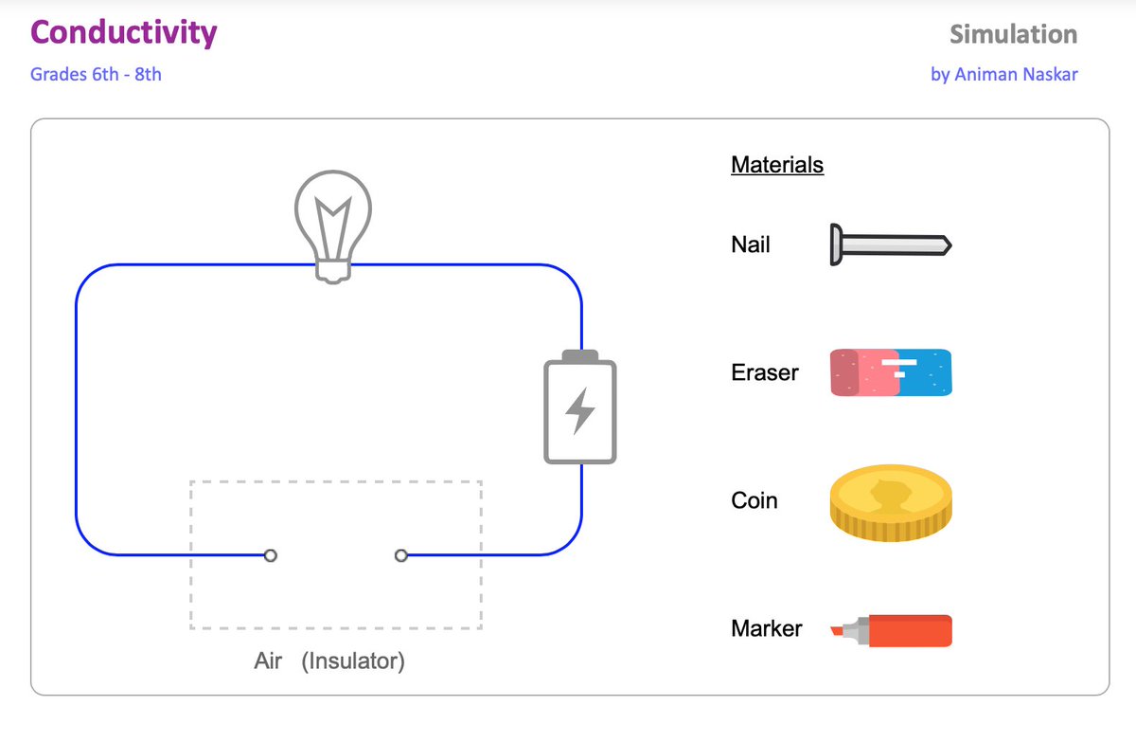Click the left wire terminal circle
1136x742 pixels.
click(x=271, y=555)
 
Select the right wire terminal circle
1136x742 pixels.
click(x=401, y=555)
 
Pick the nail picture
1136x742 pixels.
click(x=890, y=245)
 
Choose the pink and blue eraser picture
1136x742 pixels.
click(x=891, y=372)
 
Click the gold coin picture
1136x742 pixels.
click(x=891, y=501)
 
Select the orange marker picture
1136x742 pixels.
click(x=891, y=630)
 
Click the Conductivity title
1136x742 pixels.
click(x=123, y=33)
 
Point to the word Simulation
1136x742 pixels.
click(x=1013, y=35)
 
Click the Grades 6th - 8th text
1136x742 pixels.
click(x=96, y=74)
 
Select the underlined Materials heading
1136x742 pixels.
click(x=777, y=165)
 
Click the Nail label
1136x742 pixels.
click(x=751, y=245)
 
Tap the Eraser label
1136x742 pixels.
click(x=765, y=372)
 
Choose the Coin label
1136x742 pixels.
click(x=754, y=500)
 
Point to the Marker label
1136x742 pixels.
click(x=767, y=628)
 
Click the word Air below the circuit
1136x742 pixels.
click(x=268, y=661)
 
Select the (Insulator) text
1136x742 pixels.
click(x=353, y=661)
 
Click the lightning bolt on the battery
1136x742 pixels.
click(x=580, y=410)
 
